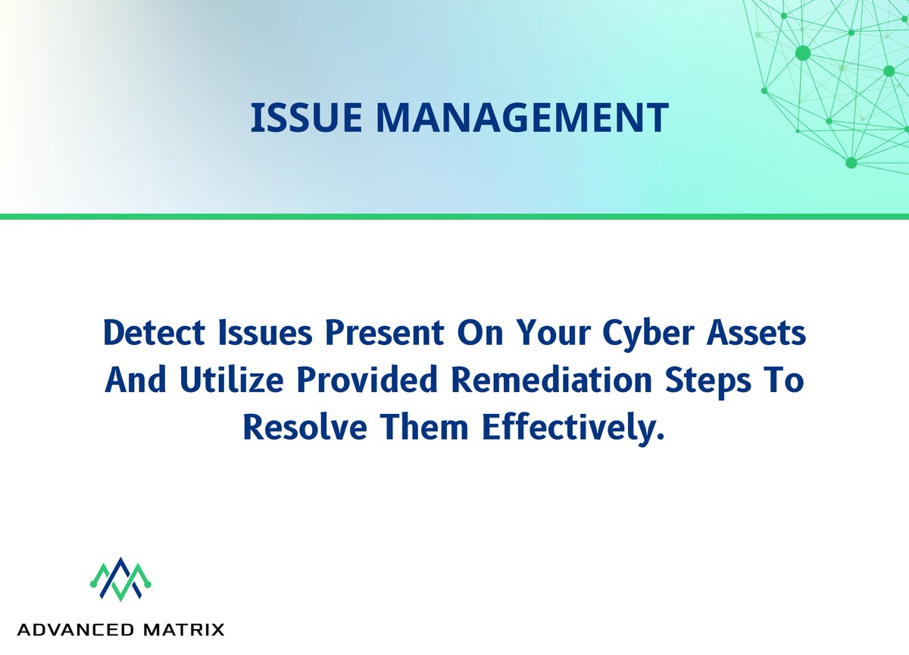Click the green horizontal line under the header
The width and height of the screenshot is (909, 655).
[x=454, y=217]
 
